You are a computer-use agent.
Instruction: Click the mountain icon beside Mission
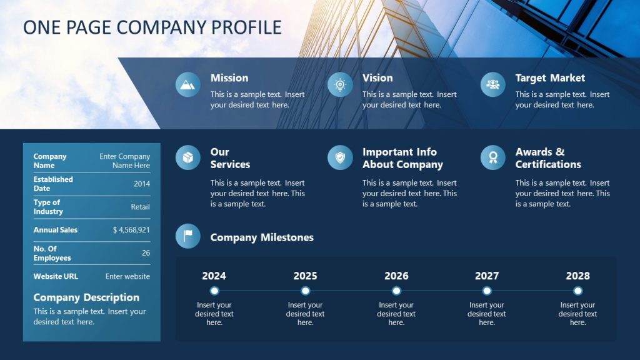[188, 84]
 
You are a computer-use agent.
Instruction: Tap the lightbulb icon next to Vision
[340, 84]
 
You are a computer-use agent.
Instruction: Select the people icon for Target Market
[493, 84]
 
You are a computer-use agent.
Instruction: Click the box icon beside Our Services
[188, 157]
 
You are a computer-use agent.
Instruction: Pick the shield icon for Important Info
[340, 157]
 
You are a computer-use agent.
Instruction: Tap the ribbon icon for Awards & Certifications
[493, 157]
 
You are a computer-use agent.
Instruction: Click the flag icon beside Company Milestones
[188, 236]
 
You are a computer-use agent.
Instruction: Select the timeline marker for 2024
[214, 291]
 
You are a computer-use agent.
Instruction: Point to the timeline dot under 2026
[396, 291]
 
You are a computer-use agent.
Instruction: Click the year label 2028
[577, 276]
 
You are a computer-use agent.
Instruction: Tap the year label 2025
[305, 276]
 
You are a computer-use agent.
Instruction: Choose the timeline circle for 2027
[487, 291]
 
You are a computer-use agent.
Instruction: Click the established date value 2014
[142, 184]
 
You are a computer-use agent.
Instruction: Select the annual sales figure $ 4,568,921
[131, 230]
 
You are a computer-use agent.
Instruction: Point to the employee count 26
[146, 253]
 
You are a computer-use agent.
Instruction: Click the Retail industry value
[140, 207]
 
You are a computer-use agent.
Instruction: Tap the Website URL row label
[56, 276]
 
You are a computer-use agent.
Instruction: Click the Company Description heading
[86, 297]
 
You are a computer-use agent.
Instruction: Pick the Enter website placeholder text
[127, 276]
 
